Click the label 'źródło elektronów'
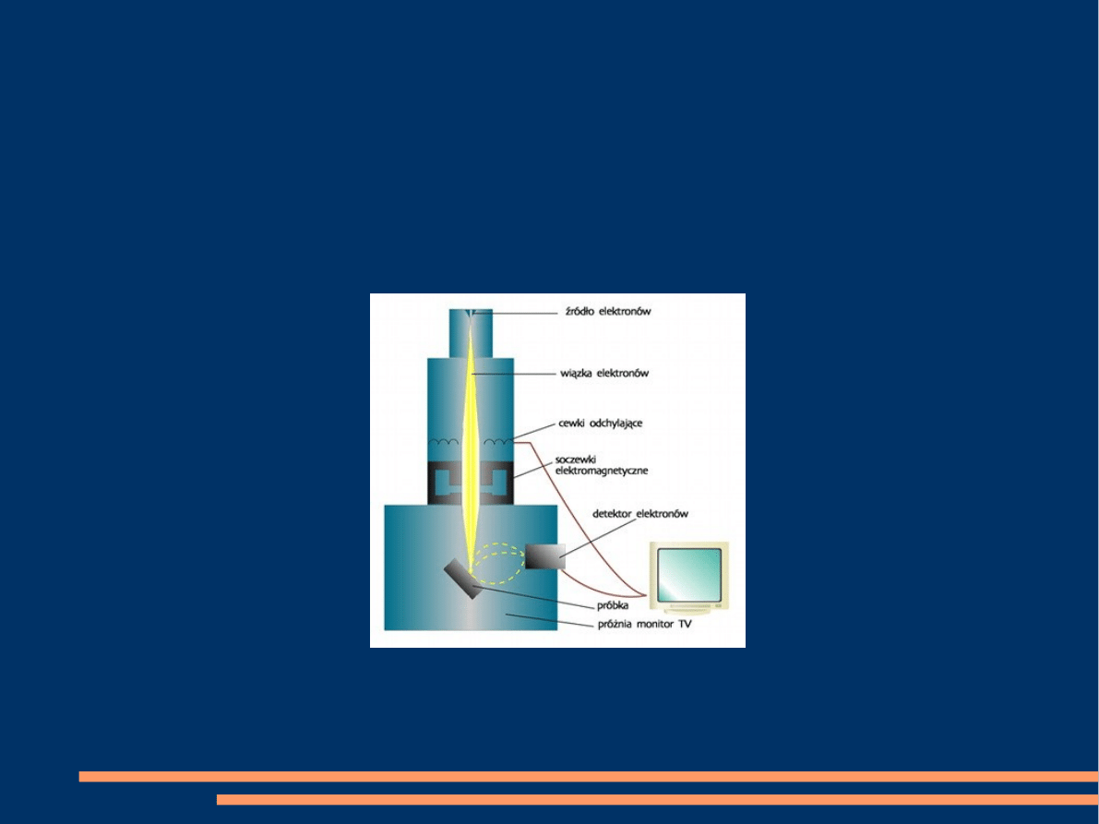(x=608, y=311)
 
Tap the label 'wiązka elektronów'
(x=604, y=374)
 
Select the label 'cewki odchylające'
(x=600, y=424)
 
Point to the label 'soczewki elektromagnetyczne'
(x=602, y=465)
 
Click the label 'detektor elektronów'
(x=640, y=514)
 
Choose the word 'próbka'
(x=613, y=606)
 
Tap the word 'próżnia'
(x=615, y=625)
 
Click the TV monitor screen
(x=689, y=574)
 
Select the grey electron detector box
(x=545, y=557)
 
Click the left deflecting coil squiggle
(x=444, y=442)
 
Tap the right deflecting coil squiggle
(x=498, y=442)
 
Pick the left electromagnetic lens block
(x=445, y=482)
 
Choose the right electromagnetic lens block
(x=497, y=482)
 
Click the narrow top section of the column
(x=471, y=333)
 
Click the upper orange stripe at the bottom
(x=589, y=776)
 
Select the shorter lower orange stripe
(x=657, y=799)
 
